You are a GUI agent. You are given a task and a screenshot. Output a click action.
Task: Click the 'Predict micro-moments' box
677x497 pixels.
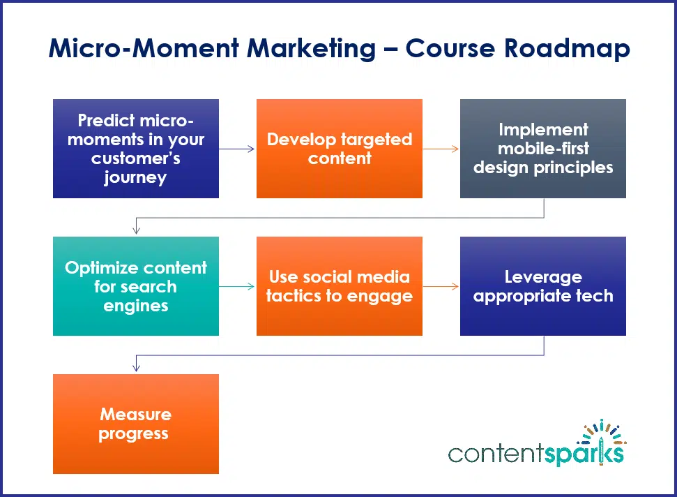pyautogui.click(x=136, y=149)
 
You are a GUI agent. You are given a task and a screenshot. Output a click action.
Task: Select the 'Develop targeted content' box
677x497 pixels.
pyautogui.click(x=340, y=149)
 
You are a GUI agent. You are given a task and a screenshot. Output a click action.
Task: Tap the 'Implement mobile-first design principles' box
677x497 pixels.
pyautogui.click(x=543, y=149)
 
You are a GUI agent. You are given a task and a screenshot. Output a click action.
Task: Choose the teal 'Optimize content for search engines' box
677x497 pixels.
pyautogui.click(x=136, y=286)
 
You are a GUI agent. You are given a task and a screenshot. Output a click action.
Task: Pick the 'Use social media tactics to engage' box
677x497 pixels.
pyautogui.click(x=340, y=286)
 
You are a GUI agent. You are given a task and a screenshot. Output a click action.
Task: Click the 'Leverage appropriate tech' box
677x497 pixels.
pyautogui.click(x=543, y=286)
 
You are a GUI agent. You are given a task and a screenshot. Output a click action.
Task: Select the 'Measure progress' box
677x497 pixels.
pyautogui.click(x=136, y=424)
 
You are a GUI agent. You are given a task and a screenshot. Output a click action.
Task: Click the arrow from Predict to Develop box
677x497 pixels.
pyautogui.click(x=237, y=149)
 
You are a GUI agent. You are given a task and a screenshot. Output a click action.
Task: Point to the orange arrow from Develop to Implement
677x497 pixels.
pyautogui.click(x=441, y=149)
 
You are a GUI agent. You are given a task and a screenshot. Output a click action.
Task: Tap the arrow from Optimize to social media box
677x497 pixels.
pyautogui.click(x=237, y=286)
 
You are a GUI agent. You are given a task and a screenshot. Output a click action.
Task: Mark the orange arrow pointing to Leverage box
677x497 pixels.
pyautogui.click(x=441, y=286)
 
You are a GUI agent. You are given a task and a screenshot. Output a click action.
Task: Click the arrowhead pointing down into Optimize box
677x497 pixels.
pyautogui.click(x=136, y=230)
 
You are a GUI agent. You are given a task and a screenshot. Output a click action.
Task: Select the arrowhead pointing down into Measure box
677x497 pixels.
pyautogui.click(x=136, y=368)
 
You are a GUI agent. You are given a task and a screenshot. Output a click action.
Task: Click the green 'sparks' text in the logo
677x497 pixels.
pyautogui.click(x=584, y=454)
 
